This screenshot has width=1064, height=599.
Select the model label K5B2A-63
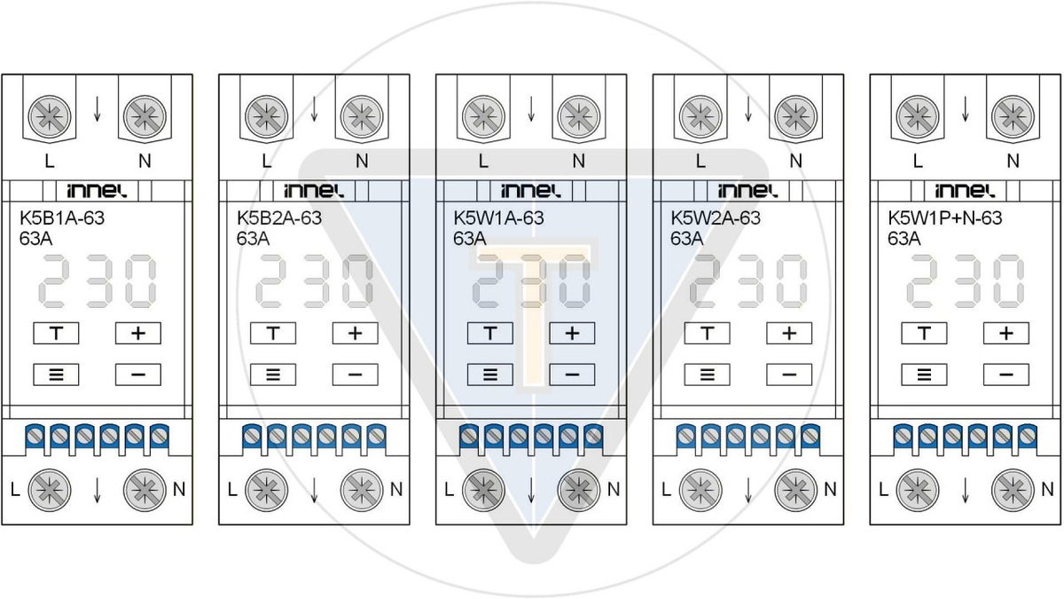(279, 218)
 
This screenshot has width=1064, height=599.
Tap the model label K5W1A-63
(498, 218)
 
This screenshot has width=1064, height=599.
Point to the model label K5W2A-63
(716, 218)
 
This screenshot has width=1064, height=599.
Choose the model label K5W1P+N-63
(945, 218)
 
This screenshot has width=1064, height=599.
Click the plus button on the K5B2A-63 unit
(355, 334)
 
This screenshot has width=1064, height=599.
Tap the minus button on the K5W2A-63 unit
(789, 374)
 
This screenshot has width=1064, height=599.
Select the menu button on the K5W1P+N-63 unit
(925, 374)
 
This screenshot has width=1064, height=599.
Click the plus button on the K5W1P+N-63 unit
(1006, 334)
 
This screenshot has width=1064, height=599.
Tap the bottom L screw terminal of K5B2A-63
(262, 488)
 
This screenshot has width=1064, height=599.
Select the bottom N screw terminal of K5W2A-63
(794, 488)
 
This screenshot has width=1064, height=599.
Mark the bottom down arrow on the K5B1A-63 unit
(97, 490)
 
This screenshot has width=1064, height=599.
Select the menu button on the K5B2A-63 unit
(273, 374)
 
